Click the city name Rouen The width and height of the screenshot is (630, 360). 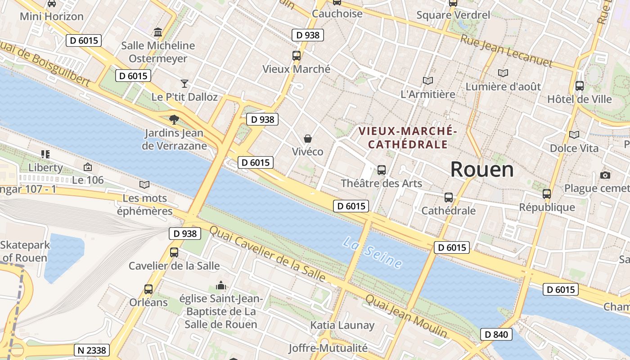482,170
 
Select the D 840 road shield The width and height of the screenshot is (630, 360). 497,334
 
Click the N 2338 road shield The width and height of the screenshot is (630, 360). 91,350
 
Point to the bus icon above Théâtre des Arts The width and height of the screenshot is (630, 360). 382,170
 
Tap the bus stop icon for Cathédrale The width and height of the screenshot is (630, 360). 449,197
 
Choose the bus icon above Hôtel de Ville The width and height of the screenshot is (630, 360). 580,85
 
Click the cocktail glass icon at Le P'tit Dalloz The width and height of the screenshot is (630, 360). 184,83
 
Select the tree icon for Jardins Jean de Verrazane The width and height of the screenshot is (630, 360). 174,120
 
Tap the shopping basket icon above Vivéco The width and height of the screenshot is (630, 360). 308,138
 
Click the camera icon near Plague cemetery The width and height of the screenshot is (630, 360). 605,175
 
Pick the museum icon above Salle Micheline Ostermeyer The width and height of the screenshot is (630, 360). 158,32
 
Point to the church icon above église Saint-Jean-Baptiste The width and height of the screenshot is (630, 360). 220,285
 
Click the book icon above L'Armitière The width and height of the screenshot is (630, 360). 427,81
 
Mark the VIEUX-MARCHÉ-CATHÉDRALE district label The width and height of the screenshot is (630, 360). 408,138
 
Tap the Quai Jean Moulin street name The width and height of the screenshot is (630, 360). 406,316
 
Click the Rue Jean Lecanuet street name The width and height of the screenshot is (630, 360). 506,51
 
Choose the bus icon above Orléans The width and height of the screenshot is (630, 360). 148,289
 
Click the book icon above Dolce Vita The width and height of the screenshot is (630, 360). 574,135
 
